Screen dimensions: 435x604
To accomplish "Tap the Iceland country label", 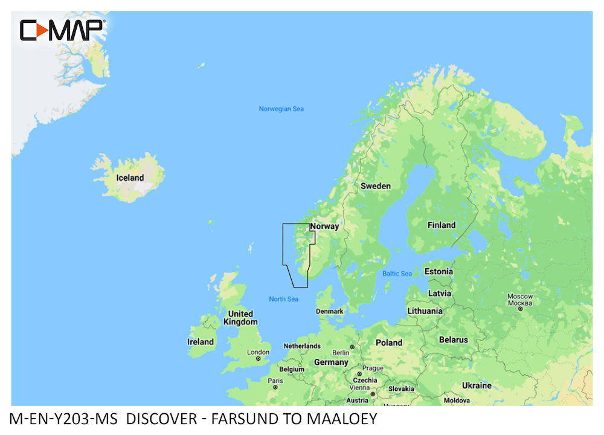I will point(130,178).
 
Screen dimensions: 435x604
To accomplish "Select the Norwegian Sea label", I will point(281,109).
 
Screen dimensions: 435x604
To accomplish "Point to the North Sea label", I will point(284,299).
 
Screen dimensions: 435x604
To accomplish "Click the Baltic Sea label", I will point(397,274).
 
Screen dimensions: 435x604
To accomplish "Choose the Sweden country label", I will point(376,186).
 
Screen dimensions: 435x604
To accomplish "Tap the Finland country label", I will point(442,225).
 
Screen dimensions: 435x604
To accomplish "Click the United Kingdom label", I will point(240,318).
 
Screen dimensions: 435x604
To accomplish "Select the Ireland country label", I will point(201,341).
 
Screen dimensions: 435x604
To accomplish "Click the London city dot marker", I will point(259,358).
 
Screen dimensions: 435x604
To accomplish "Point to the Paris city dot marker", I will point(275,387).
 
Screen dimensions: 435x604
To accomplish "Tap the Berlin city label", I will point(341,353).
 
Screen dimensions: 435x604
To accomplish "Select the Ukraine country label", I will point(477,385).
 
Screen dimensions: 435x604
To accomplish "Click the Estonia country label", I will point(439,271).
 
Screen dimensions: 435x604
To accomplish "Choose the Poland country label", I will point(389,342).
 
